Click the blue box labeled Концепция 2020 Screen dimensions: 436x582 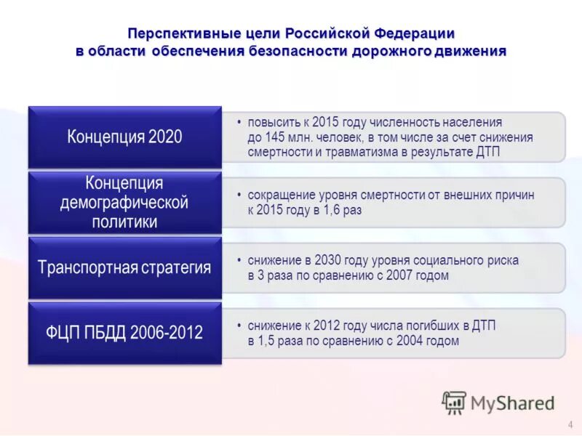click(124, 137)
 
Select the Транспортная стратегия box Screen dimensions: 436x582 click(124, 267)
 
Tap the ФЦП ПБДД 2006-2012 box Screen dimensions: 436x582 click(124, 333)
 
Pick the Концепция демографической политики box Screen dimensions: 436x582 click(124, 202)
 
